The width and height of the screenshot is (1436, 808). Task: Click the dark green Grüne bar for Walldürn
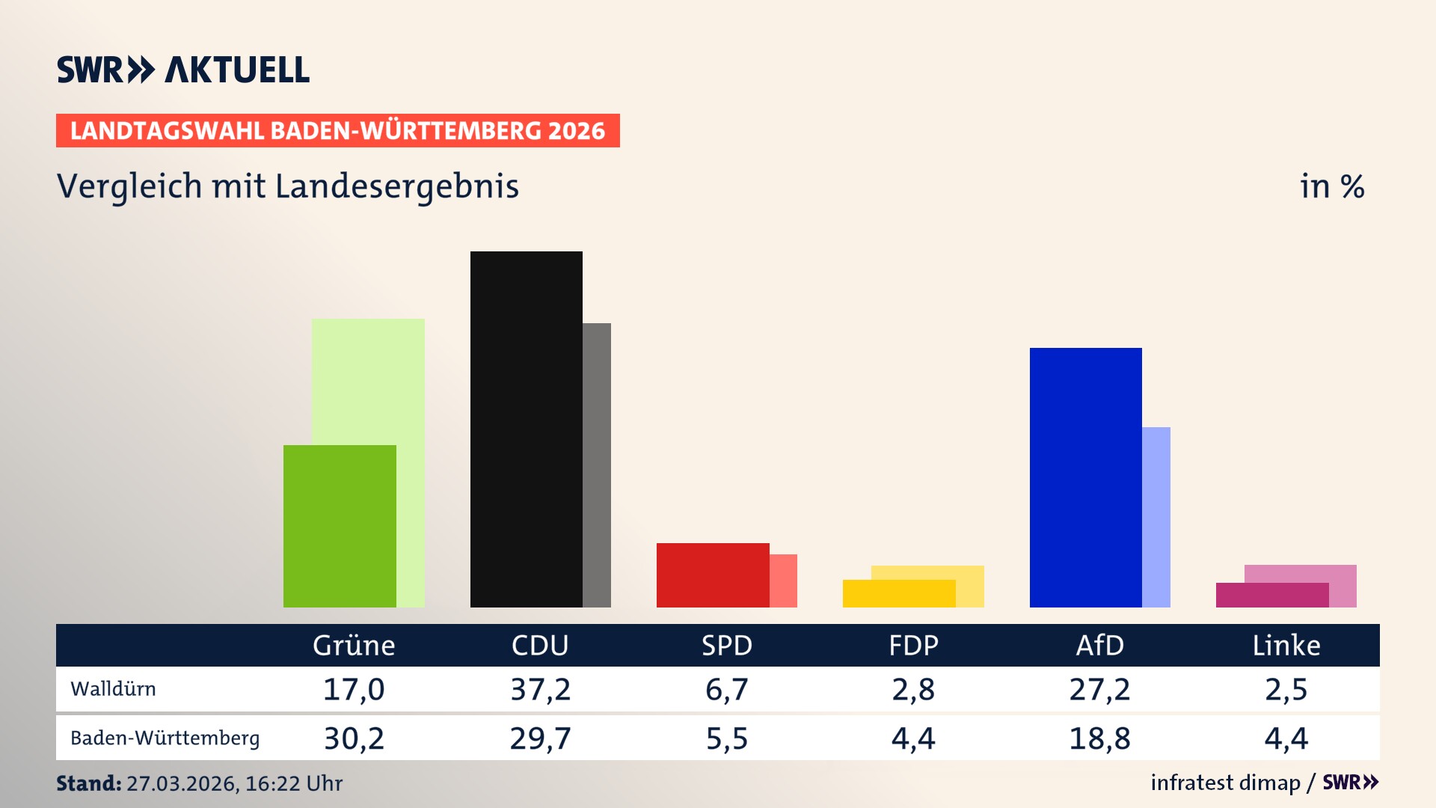coord(340,526)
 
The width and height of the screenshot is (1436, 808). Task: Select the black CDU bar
coord(526,429)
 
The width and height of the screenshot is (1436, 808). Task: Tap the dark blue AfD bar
coord(1085,477)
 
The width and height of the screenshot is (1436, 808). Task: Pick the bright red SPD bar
coord(712,575)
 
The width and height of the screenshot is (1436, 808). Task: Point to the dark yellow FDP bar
coord(898,593)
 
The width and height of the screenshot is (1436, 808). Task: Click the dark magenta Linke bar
coord(1271,595)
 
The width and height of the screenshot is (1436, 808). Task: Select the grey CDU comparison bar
coord(597,465)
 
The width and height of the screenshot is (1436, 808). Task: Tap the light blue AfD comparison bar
coord(1156,517)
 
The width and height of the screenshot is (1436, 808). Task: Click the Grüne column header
coord(354,645)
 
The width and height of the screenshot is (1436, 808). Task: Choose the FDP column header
coord(913,645)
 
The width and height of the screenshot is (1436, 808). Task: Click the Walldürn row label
coord(113,689)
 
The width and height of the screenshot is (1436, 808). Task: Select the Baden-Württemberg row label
coord(165,738)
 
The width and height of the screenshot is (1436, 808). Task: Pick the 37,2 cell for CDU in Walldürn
coord(540,689)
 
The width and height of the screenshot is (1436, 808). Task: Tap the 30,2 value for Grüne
coord(354,738)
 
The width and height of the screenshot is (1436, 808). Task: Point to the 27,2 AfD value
coord(1099,689)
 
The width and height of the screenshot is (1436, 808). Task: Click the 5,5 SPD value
coord(727,738)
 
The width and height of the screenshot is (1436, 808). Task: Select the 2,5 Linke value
coord(1286,689)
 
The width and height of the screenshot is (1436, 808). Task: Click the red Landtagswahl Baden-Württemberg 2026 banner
coord(337,130)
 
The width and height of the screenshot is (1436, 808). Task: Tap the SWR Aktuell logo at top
coord(183,70)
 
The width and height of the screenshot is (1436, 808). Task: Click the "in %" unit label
coord(1332,186)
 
